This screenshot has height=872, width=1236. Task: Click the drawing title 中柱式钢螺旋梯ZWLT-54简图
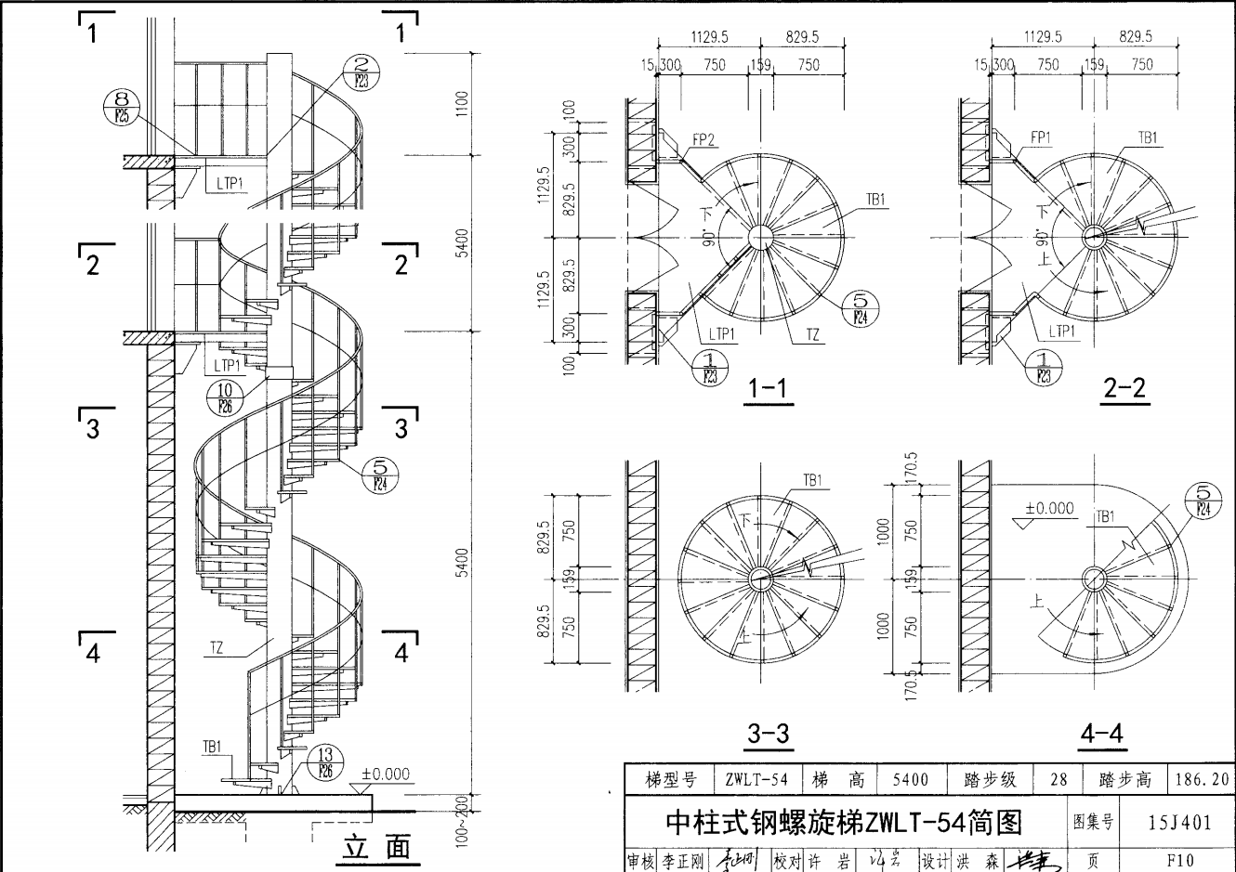[x=844, y=823]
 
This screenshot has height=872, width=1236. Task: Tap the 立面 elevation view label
[x=376, y=848]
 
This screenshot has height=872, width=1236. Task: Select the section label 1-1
[x=767, y=388]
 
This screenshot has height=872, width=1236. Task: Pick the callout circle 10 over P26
[x=225, y=397]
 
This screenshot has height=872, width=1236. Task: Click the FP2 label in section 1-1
[x=703, y=140]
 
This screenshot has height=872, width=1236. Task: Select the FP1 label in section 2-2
[x=1040, y=137]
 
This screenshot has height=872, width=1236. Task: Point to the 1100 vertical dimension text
[x=463, y=102]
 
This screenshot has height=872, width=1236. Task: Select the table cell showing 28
[x=1058, y=780]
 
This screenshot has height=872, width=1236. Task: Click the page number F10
[x=1179, y=860]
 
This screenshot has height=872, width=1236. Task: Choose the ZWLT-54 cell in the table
[x=756, y=780]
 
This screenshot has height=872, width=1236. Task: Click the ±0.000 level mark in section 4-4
[x=1049, y=509]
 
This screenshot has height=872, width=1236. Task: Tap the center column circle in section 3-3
[x=761, y=577]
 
